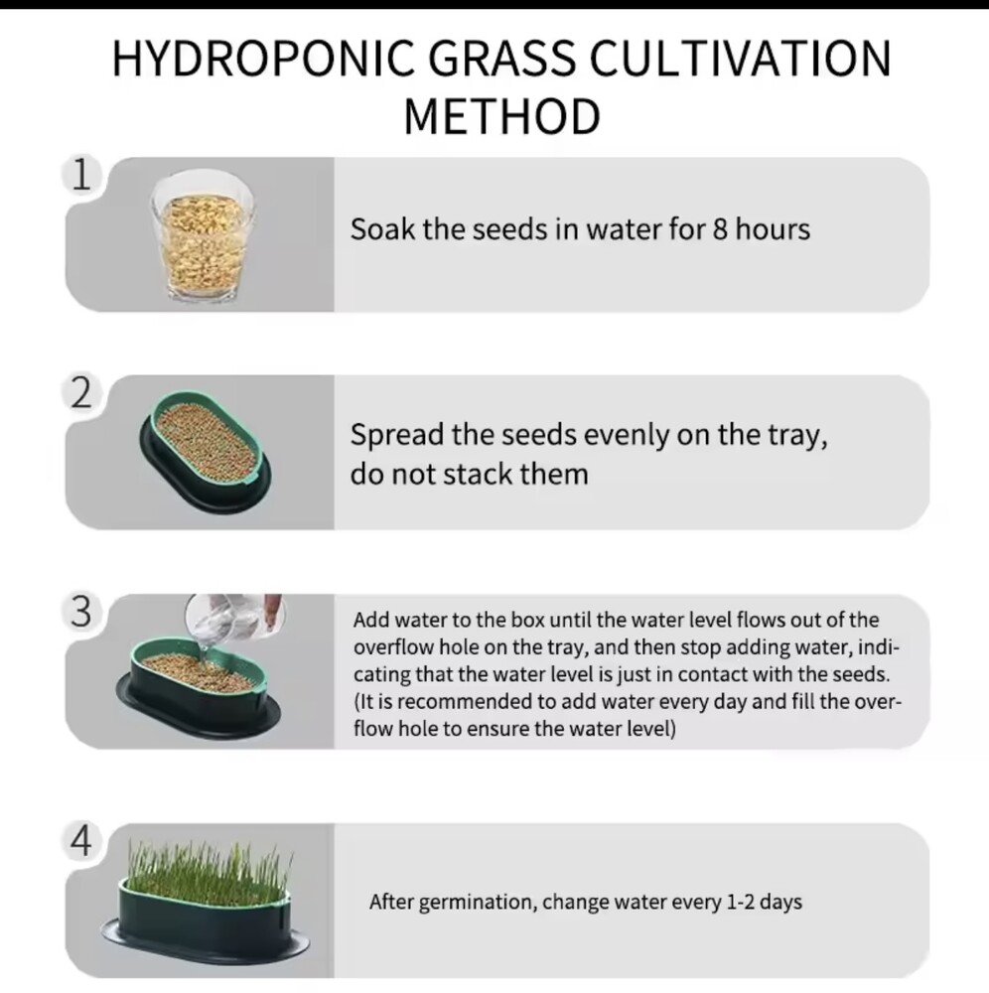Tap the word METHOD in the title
pyautogui.click(x=502, y=116)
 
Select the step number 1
pyautogui.click(x=81, y=175)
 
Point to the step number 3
pyautogui.click(x=81, y=612)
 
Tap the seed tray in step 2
pyautogui.click(x=205, y=451)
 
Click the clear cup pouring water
pyautogui.click(x=233, y=617)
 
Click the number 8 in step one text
pyautogui.click(x=720, y=229)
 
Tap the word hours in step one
pyautogui.click(x=773, y=229)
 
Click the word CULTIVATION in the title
pyautogui.click(x=740, y=59)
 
